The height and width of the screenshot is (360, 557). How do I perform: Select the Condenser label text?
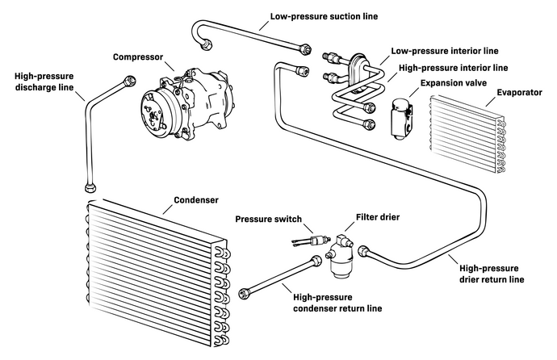tap(200, 199)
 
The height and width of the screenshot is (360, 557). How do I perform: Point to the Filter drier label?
tap(378, 218)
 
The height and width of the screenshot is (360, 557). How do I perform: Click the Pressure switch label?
tap(270, 219)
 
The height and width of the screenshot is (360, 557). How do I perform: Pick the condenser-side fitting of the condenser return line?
tap(245, 291)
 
